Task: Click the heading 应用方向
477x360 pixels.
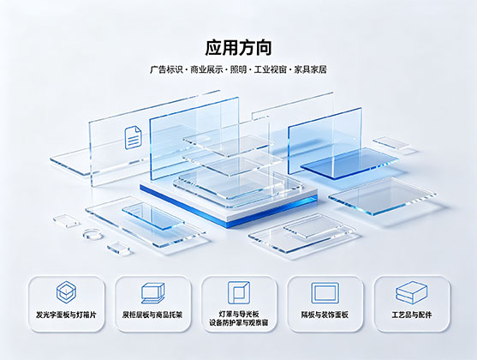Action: pyautogui.click(x=238, y=47)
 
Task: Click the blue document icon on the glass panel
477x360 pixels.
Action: pyautogui.click(x=133, y=138)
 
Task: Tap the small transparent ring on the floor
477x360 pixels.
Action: pyautogui.click(x=92, y=234)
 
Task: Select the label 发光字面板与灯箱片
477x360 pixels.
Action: pyautogui.click(x=66, y=315)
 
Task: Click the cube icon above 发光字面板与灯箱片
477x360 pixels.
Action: pyautogui.click(x=66, y=292)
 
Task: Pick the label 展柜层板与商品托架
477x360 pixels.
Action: pyautogui.click(x=152, y=315)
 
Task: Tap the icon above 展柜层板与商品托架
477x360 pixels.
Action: pyautogui.click(x=152, y=293)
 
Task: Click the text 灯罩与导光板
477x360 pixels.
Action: pyautogui.click(x=239, y=314)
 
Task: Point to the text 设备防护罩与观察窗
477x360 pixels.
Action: pyautogui.click(x=239, y=322)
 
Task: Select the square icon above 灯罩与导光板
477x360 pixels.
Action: pyautogui.click(x=239, y=292)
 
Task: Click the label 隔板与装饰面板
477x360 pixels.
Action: pyautogui.click(x=325, y=315)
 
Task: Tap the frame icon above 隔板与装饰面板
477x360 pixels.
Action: pyautogui.click(x=325, y=292)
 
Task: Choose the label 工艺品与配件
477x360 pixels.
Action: pyautogui.click(x=412, y=315)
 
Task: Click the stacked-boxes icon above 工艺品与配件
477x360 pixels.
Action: pyautogui.click(x=411, y=292)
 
